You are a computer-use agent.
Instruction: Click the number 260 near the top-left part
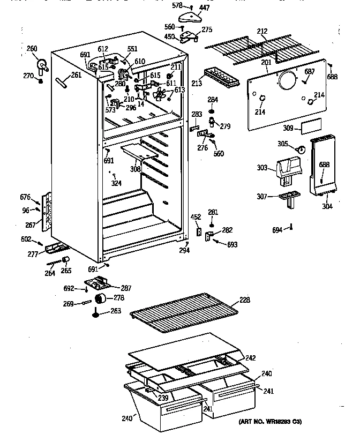[32, 49]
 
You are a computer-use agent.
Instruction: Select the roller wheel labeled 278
[99, 298]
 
